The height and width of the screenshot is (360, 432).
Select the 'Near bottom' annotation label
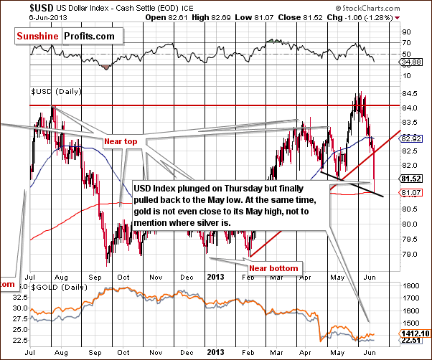(x=273, y=267)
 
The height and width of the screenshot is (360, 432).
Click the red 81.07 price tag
(x=410, y=192)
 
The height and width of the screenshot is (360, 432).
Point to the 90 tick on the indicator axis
(x=405, y=32)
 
